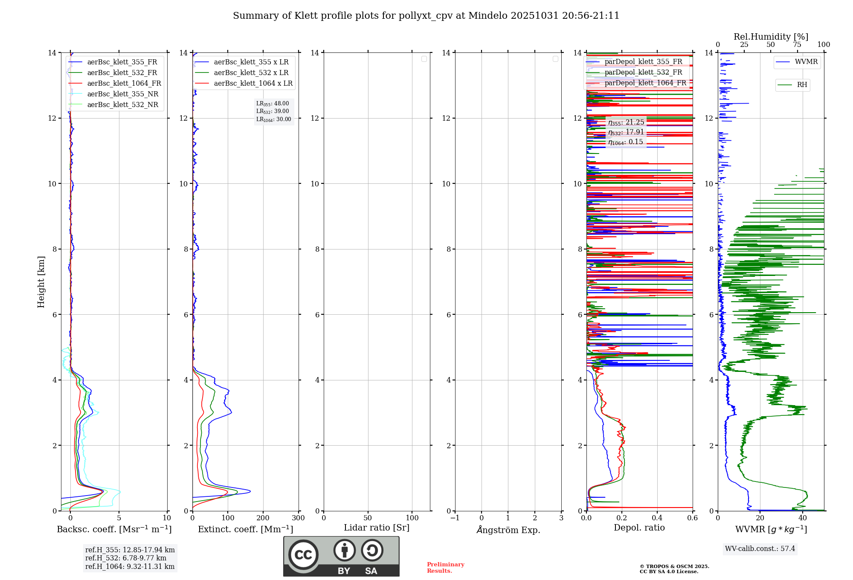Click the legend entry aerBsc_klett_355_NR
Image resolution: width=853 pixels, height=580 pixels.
[x=122, y=94]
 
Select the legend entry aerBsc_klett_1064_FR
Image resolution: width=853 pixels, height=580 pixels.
[x=124, y=83]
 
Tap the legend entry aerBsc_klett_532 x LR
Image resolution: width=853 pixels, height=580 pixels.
[x=251, y=72]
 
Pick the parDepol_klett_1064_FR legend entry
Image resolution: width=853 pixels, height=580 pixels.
[x=645, y=83]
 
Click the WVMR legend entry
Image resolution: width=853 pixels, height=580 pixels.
[x=806, y=62]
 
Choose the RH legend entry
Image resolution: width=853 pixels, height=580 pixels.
[x=801, y=85]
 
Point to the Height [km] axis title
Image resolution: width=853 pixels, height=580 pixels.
[x=41, y=282]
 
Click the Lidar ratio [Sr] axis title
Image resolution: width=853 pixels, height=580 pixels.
[x=376, y=528]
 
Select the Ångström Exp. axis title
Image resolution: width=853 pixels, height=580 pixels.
[x=508, y=530]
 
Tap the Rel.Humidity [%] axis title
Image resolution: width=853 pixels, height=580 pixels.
[x=771, y=37]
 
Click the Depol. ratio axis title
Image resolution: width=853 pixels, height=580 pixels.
[x=639, y=528]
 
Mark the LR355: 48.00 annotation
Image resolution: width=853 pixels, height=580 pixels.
[x=273, y=104]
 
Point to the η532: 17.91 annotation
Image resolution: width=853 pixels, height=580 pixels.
[x=626, y=132]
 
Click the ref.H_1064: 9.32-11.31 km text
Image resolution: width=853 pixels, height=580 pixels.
[x=130, y=566]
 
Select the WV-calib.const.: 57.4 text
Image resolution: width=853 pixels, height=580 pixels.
[x=760, y=548]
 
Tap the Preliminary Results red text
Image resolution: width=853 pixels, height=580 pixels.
[x=445, y=568]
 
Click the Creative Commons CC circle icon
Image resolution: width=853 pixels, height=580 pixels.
[x=303, y=555]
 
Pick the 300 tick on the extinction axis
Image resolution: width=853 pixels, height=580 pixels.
[x=298, y=518]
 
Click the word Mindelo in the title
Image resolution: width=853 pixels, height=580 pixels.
[x=487, y=16]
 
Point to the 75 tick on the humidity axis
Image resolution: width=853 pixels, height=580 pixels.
[x=797, y=45]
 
